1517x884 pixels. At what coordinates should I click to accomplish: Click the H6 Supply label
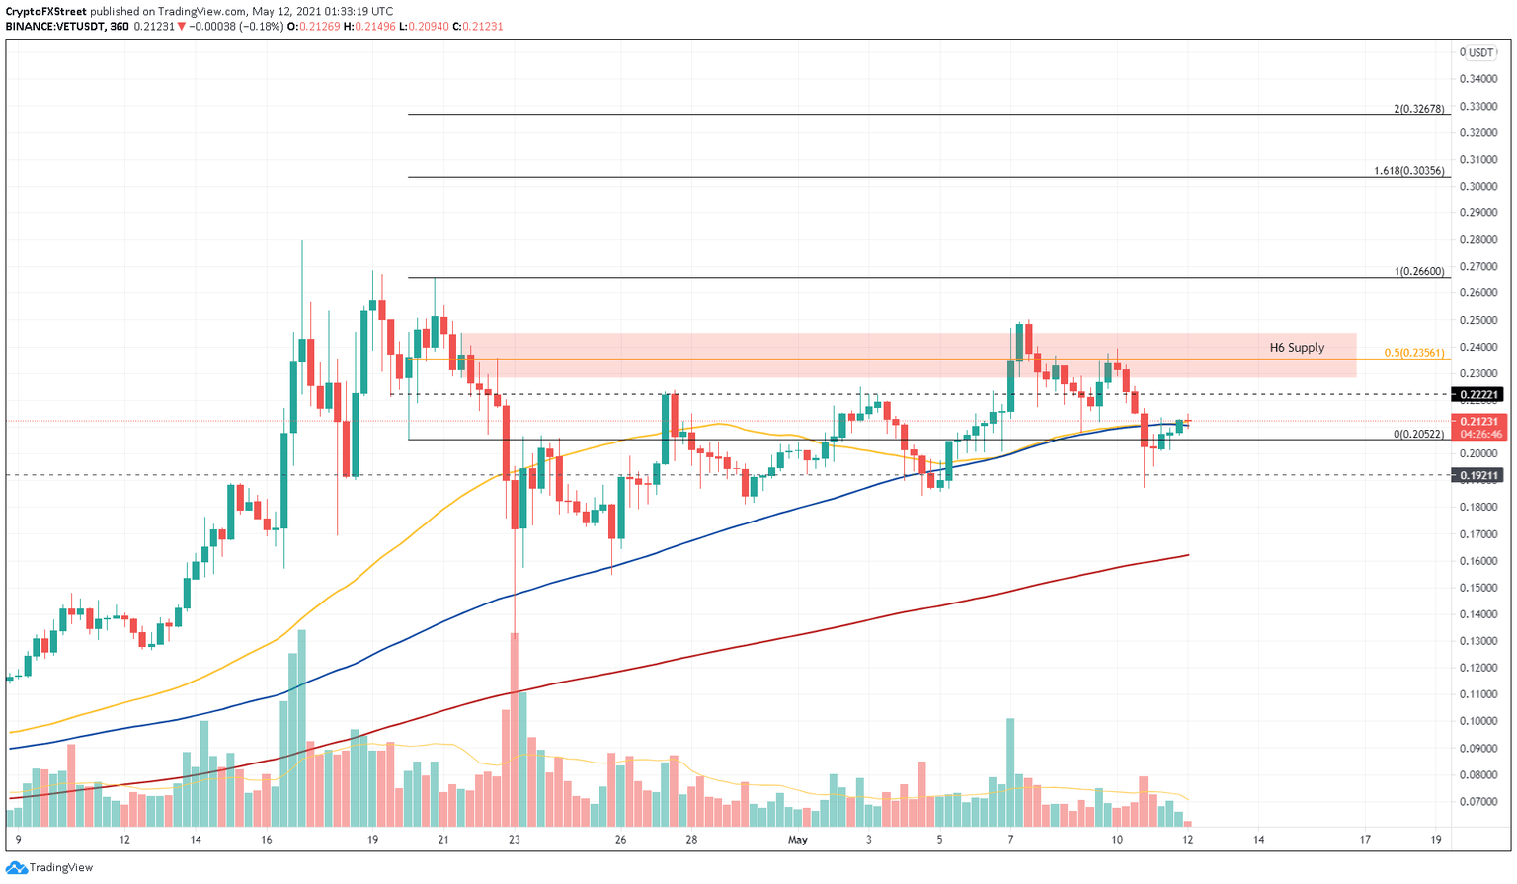click(1297, 348)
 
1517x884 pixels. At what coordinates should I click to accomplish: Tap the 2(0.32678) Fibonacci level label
click(1419, 109)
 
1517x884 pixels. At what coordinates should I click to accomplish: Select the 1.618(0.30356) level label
click(1409, 171)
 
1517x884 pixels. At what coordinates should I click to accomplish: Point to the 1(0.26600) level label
click(1419, 272)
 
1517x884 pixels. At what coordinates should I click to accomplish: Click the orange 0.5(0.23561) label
click(1413, 353)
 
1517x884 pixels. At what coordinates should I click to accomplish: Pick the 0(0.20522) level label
click(1418, 435)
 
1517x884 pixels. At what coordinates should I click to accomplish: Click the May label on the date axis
click(798, 840)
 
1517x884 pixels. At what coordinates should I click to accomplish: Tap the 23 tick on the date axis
click(515, 840)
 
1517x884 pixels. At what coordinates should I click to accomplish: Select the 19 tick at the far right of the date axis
click(1436, 840)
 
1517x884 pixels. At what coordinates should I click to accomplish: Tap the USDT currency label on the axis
click(1479, 53)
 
